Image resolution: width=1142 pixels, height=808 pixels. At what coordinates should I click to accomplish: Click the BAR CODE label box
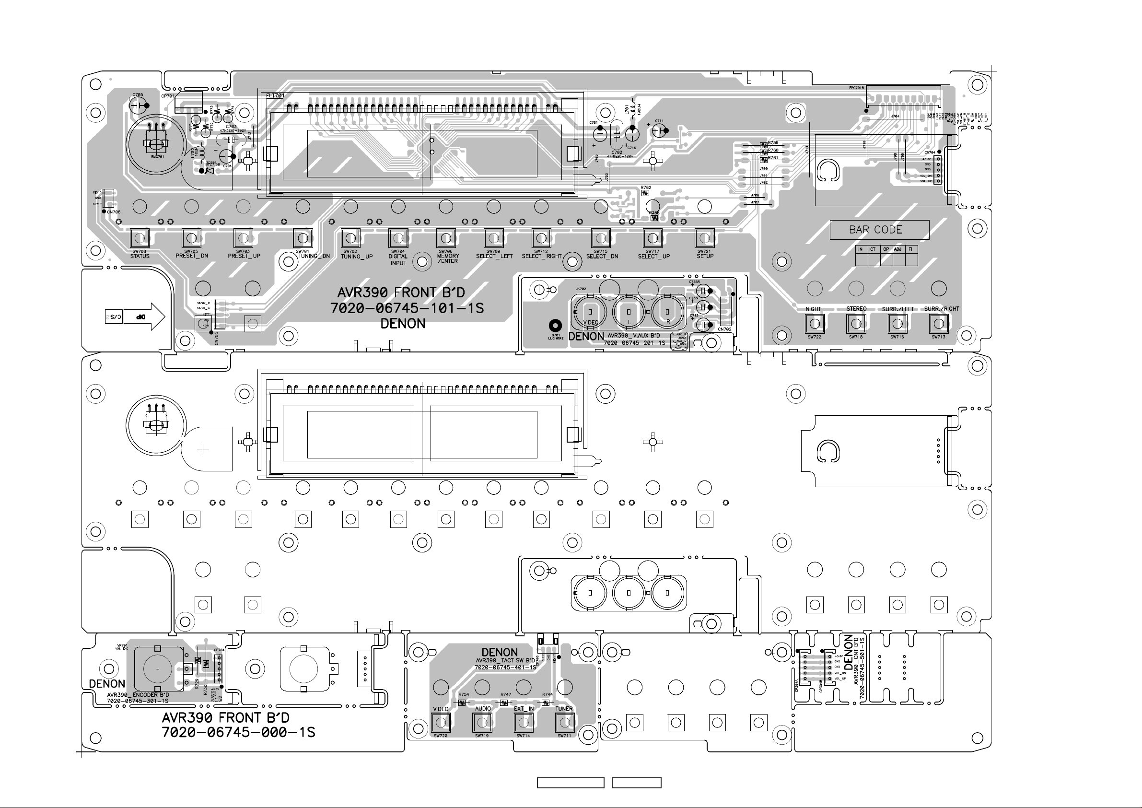[879, 230]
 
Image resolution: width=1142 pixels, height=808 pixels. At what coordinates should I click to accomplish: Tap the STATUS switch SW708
[140, 237]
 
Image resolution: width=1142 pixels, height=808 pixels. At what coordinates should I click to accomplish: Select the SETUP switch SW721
[704, 237]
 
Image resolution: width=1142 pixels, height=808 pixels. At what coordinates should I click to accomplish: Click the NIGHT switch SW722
[814, 324]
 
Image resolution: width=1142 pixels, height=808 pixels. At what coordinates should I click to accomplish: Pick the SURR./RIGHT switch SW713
[939, 324]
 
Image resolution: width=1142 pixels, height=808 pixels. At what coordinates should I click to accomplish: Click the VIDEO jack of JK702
[590, 313]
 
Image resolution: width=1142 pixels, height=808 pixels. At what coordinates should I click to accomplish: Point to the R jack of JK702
[667, 312]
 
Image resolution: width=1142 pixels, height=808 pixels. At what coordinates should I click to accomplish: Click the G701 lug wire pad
[555, 326]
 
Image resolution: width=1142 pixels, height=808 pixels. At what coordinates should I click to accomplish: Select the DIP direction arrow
[144, 316]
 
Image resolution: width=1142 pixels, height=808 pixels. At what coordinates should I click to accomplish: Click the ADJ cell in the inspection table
[898, 249]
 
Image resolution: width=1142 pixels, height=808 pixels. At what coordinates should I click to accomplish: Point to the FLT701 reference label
[275, 95]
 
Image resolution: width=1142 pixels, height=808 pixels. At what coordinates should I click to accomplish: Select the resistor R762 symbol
[646, 193]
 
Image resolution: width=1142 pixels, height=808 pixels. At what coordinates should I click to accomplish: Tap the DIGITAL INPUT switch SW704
[398, 237]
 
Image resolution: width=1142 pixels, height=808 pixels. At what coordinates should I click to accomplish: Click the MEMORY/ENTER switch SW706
[446, 237]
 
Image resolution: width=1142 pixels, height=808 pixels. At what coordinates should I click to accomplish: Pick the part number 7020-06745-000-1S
[238, 732]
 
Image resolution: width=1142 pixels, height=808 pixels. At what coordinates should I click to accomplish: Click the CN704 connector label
[930, 152]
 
